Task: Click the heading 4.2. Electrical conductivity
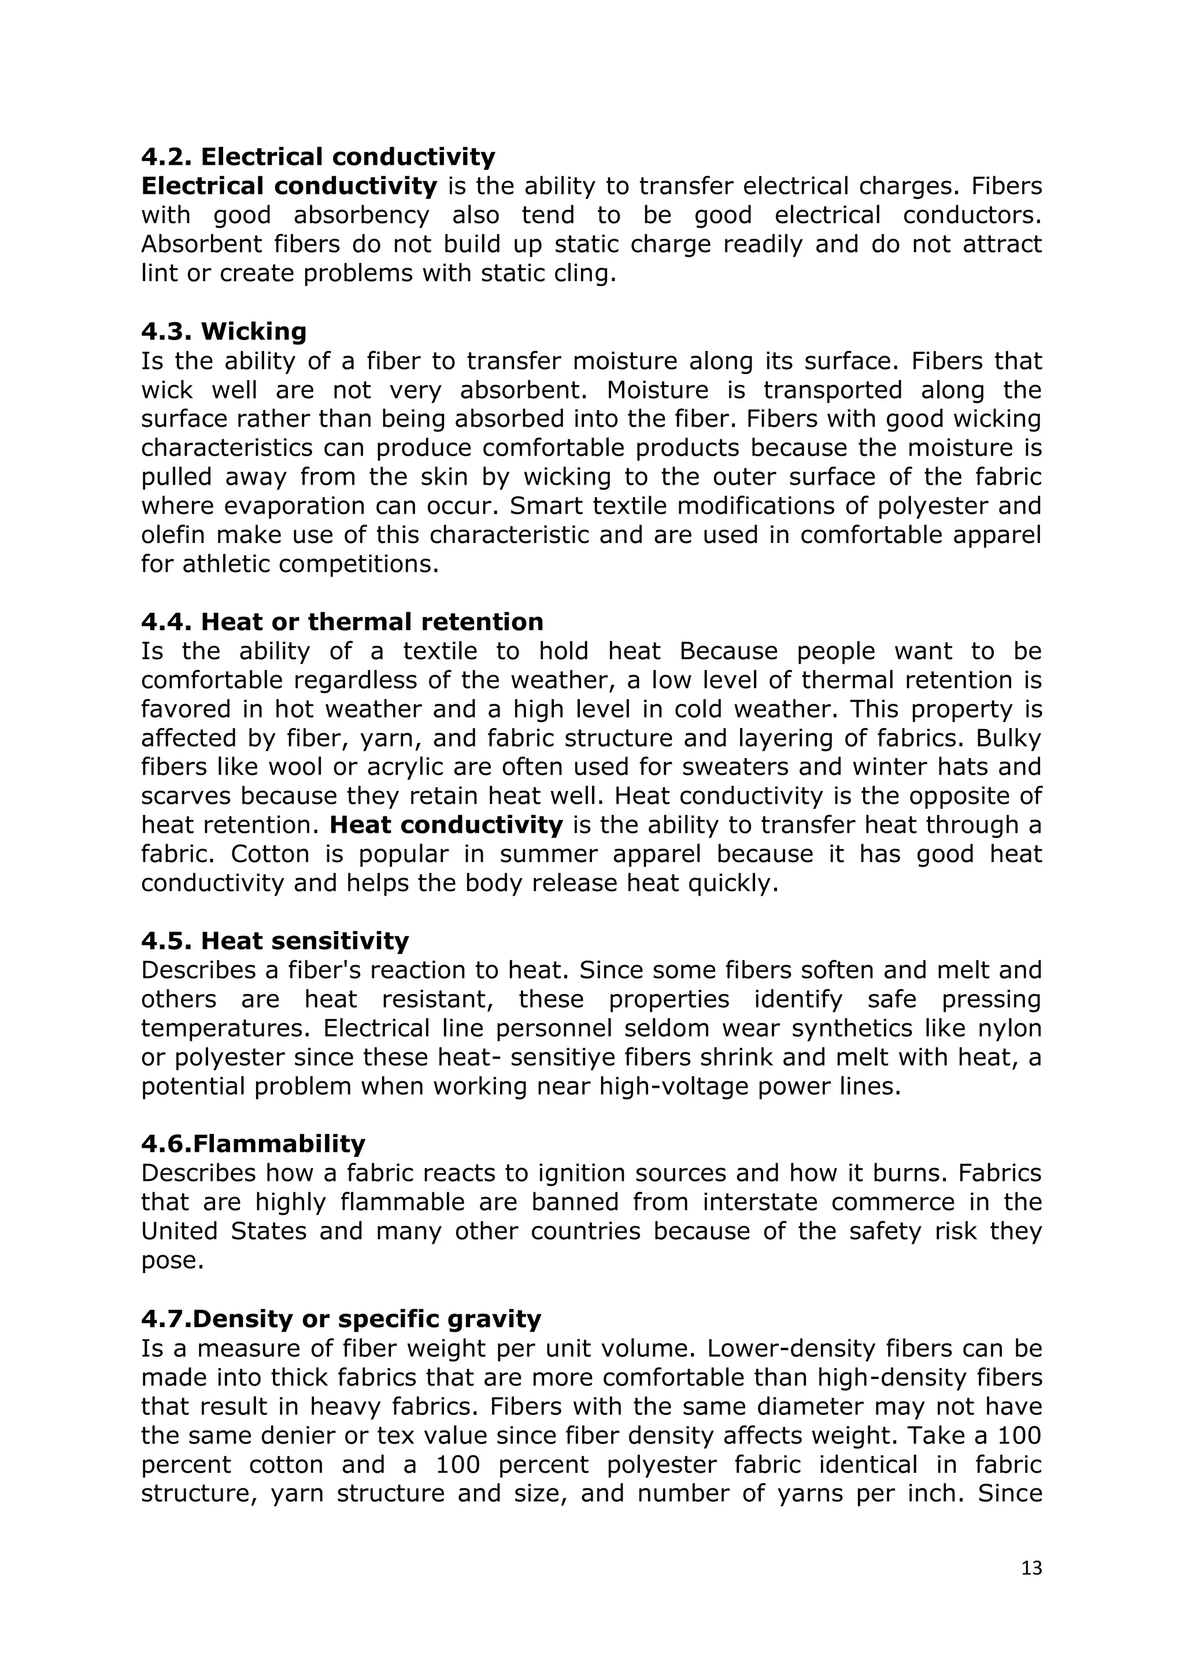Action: click(318, 157)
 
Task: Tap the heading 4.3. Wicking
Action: click(224, 332)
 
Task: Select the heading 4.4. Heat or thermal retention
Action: click(342, 622)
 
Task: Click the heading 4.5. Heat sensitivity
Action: click(275, 941)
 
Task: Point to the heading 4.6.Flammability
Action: click(253, 1144)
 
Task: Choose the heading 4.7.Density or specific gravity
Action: click(341, 1319)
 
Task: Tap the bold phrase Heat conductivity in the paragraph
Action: click(446, 825)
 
